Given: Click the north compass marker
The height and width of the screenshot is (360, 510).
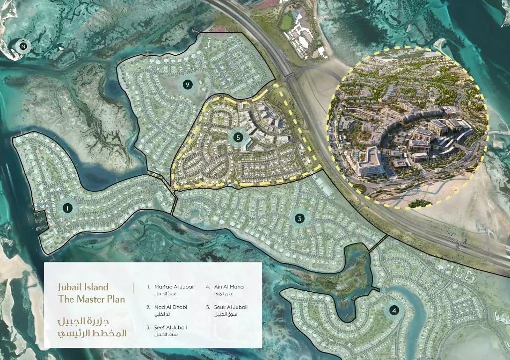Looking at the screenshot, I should point(23,47).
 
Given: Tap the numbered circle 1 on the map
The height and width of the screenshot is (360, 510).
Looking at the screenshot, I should point(67,208).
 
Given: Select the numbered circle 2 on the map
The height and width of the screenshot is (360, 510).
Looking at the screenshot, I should point(187,85).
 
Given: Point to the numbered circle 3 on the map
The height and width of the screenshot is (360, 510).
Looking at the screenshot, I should point(299,218).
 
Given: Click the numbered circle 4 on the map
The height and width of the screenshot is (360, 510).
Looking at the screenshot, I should point(394,311).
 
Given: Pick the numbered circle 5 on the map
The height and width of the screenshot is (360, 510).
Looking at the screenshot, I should point(238,136).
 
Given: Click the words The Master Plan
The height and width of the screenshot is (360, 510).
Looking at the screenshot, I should point(91,299).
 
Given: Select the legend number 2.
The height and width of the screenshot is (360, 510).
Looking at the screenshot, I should point(148,307).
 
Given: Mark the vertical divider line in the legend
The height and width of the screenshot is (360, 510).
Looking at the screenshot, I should point(133,288).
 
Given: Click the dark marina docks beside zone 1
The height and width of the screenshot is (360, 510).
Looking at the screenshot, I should point(38,220).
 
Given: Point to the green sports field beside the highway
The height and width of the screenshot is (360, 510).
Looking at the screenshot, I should point(286,22).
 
